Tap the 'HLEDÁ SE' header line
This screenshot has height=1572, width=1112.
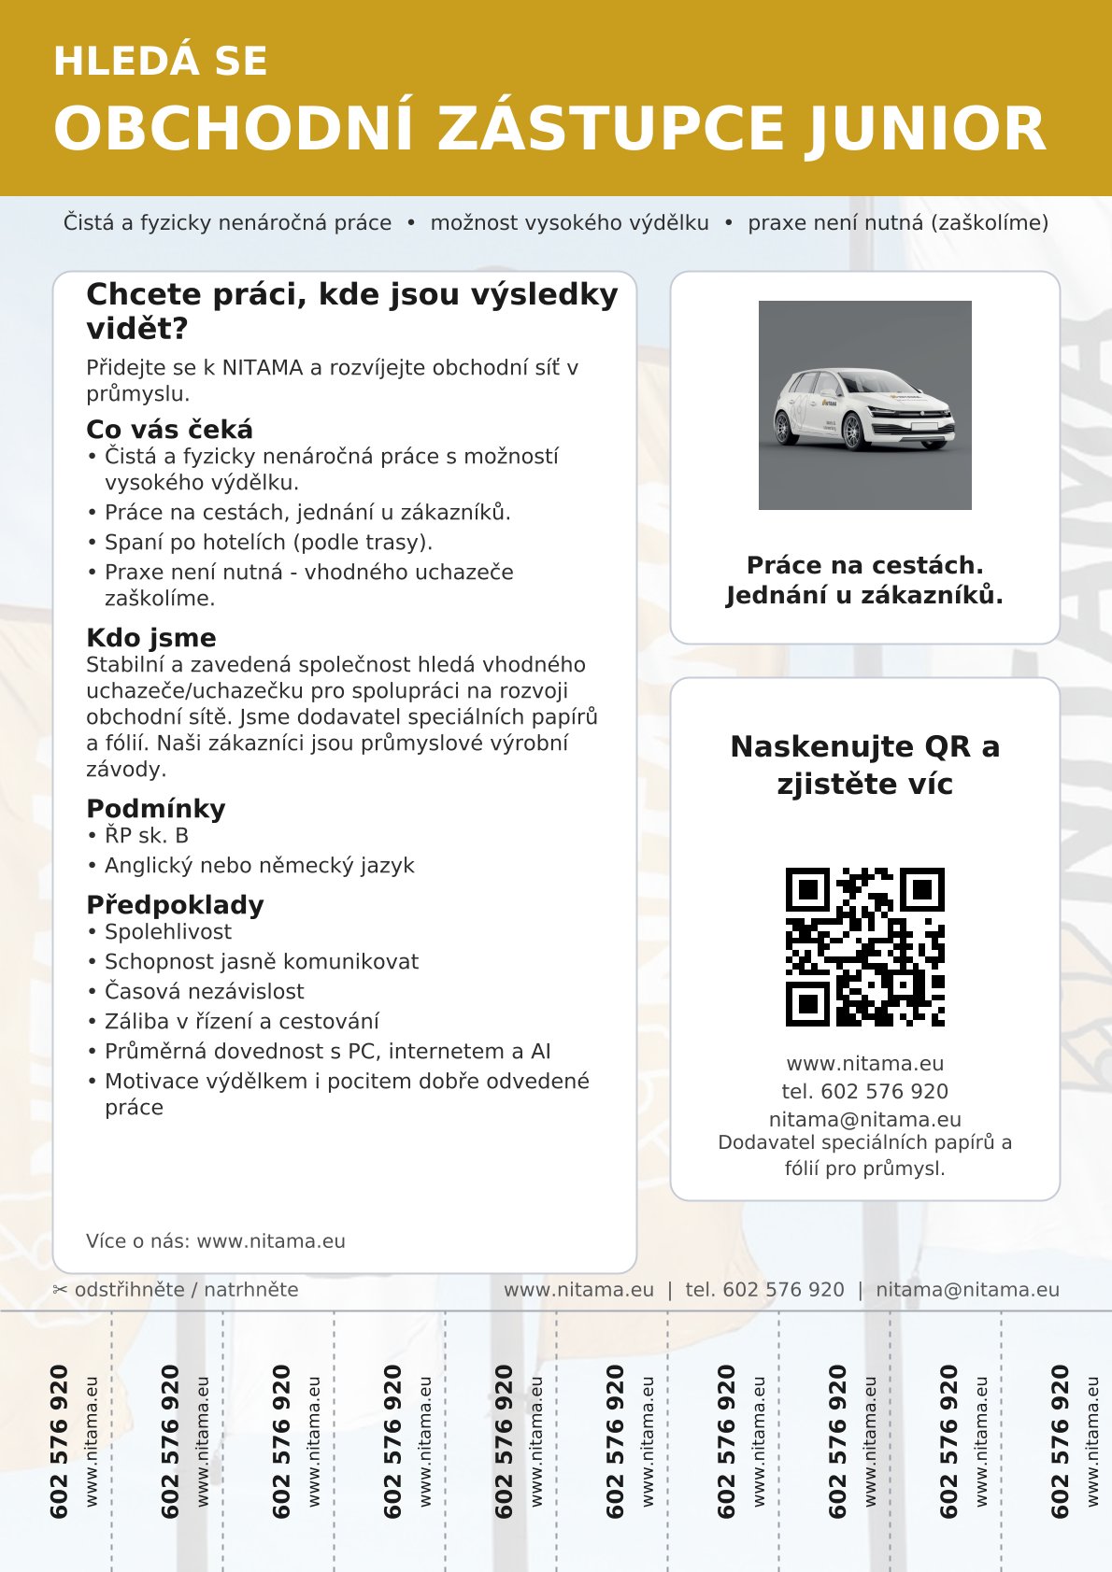click(x=161, y=62)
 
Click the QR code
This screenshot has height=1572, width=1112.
click(x=864, y=946)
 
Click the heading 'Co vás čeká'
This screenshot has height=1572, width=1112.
click(x=169, y=430)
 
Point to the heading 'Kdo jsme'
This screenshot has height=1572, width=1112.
click(x=150, y=638)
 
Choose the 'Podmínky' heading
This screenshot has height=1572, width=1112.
click(x=155, y=809)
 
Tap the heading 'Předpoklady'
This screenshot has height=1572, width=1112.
click(x=175, y=905)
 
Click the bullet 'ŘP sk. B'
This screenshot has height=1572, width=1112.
click(x=146, y=836)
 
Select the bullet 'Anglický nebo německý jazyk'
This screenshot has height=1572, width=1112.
click(x=259, y=866)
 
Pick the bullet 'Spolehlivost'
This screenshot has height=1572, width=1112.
click(x=168, y=932)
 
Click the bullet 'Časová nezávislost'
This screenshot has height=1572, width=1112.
click(x=204, y=992)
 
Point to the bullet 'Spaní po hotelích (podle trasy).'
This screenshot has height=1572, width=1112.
click(x=268, y=543)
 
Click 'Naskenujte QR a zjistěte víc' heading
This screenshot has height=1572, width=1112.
click(x=864, y=765)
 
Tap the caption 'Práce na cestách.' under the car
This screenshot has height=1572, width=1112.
click(x=864, y=565)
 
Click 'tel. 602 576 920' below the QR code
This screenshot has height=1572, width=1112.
click(x=864, y=1092)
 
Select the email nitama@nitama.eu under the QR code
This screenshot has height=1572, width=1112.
click(x=864, y=1119)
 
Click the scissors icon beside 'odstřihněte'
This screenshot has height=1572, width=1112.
click(x=61, y=1291)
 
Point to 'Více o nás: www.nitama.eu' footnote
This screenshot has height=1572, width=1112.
click(x=216, y=1241)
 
